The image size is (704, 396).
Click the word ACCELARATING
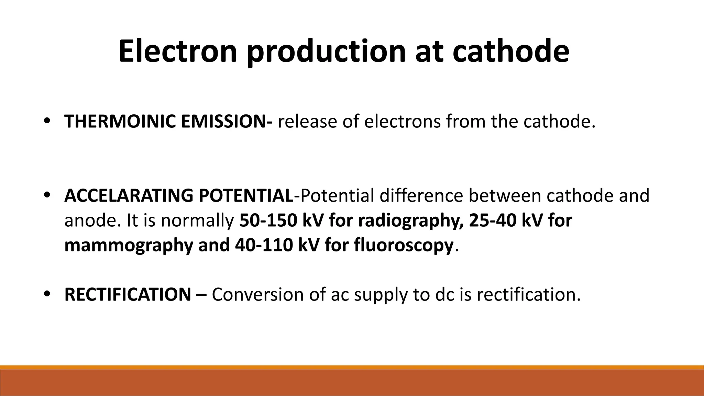click(129, 196)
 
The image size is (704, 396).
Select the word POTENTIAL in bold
click(246, 196)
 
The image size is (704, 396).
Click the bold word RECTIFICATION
click(128, 295)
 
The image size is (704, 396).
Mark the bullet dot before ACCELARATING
click(47, 195)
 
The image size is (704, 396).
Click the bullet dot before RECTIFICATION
click(47, 294)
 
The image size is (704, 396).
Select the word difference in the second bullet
click(421, 196)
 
